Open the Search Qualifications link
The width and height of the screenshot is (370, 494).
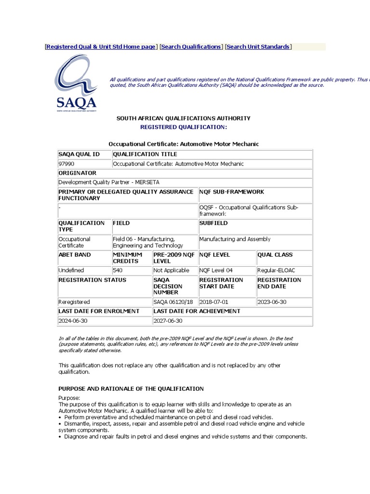[190, 47]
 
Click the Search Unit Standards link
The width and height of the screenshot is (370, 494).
[258, 47]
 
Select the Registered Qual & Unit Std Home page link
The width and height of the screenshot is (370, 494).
[101, 47]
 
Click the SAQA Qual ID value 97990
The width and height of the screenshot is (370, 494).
[66, 164]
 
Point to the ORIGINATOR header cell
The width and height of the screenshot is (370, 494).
[77, 173]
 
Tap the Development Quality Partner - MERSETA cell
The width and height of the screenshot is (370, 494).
[108, 182]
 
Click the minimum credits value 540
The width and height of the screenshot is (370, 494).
[118, 271]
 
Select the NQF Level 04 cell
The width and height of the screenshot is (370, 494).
[216, 271]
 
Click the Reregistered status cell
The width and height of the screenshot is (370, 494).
[74, 302]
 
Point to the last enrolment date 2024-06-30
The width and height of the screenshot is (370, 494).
[73, 321]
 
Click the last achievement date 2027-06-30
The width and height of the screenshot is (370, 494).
[168, 321]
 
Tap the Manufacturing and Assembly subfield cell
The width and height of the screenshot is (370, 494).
[235, 239]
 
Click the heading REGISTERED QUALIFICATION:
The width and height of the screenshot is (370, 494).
[183, 127]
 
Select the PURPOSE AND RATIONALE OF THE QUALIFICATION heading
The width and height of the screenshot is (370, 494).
[131, 389]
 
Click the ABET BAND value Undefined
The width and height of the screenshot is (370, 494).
[71, 271]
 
